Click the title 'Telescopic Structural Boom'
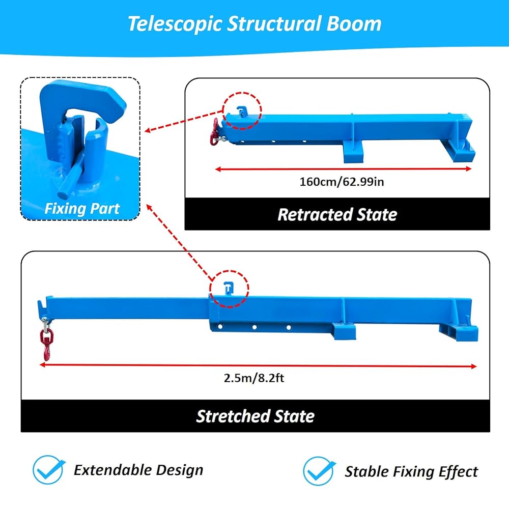254,24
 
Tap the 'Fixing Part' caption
82,208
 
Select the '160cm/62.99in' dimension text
342,182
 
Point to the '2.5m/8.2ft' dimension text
254,378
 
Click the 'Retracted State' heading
337,215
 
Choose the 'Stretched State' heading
255,416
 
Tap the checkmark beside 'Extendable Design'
49,469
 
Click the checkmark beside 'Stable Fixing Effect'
319,471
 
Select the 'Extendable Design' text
138,470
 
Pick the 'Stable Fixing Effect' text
411,472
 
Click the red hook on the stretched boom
46,345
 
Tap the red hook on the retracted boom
215,132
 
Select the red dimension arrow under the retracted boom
343,169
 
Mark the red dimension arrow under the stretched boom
258,366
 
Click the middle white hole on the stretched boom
254,327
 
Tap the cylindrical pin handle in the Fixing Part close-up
69,179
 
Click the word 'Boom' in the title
354,24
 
